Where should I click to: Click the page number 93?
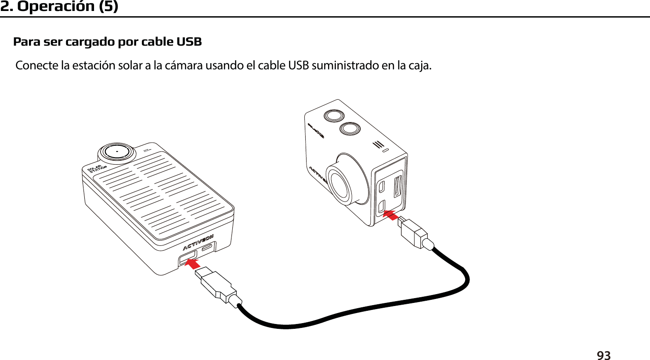pos(603,355)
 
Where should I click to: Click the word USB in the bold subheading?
pos(189,42)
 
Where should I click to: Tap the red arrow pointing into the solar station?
pos(191,263)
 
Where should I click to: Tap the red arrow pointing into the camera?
pos(390,215)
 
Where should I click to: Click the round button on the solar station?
pos(117,151)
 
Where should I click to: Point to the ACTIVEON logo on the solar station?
pos(198,243)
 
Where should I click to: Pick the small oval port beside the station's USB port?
pos(207,247)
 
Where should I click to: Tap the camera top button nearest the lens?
pos(350,128)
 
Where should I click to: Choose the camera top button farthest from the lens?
pos(334,115)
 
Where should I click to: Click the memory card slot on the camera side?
pos(397,187)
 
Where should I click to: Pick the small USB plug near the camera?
pos(413,232)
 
